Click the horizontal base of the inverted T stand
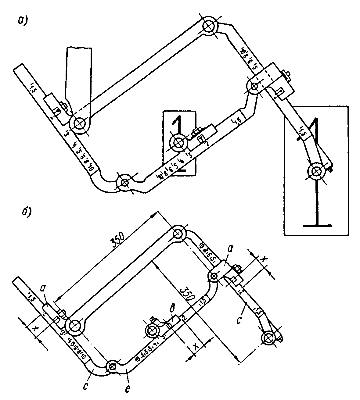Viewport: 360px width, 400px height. pyautogui.click(x=317, y=225)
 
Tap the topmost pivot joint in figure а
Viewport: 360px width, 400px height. pyautogui.click(x=209, y=26)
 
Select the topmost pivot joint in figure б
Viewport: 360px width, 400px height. pyautogui.click(x=178, y=234)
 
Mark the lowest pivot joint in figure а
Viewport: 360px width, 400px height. pyautogui.click(x=124, y=183)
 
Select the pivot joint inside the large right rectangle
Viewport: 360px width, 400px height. pyautogui.click(x=315, y=172)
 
